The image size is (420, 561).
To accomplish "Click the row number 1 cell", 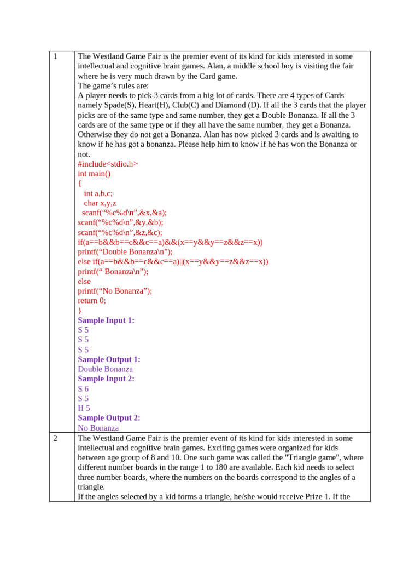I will (55, 56).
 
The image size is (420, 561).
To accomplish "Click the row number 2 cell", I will (55, 438).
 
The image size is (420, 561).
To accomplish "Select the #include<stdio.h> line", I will (108, 164).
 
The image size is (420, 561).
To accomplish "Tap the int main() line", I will (94, 174).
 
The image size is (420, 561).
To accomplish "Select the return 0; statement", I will (92, 301).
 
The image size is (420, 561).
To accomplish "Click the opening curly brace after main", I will (79, 184).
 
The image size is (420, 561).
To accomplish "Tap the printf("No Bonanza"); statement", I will (115, 291).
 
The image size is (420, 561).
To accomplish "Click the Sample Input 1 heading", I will (106, 320).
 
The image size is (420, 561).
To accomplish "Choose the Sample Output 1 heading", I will (109, 359).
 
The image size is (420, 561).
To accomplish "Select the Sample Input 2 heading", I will (106, 379).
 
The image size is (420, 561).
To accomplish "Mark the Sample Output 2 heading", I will (109, 418).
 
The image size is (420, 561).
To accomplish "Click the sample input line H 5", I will (84, 408).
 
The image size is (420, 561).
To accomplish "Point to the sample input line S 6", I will (83, 388).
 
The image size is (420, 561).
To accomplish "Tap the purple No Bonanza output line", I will (98, 428).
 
